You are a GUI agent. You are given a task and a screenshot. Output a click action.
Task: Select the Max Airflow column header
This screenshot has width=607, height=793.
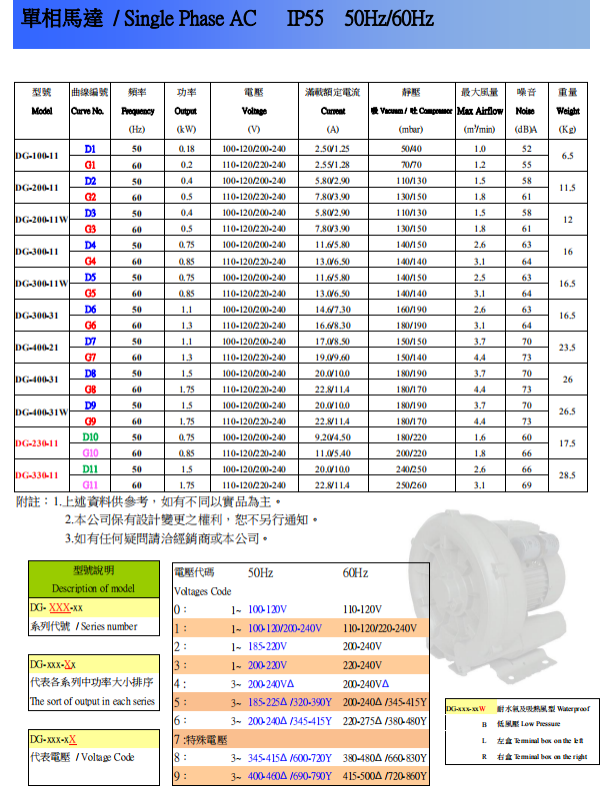[480, 111]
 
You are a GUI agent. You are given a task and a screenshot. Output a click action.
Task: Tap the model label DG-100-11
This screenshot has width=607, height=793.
[38, 157]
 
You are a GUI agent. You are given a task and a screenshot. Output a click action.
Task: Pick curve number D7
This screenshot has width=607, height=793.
[90, 341]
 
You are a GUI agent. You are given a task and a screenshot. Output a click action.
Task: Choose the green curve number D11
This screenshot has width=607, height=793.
[90, 468]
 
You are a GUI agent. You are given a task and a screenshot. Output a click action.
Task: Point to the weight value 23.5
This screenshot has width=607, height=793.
[568, 349]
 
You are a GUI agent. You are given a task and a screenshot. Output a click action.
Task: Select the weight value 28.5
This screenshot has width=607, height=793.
[568, 476]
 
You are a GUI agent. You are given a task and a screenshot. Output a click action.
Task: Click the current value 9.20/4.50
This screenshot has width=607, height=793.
[332, 436]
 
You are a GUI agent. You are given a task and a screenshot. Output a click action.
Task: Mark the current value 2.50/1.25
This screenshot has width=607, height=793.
[332, 149]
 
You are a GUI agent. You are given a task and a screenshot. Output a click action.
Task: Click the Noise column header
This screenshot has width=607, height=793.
[526, 111]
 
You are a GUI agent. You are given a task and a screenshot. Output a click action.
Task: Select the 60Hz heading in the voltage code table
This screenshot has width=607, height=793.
[355, 572]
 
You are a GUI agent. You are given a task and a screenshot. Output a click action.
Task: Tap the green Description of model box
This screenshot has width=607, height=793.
[93, 579]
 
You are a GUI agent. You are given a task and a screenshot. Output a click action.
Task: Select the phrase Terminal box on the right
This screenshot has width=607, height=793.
[546, 757]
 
